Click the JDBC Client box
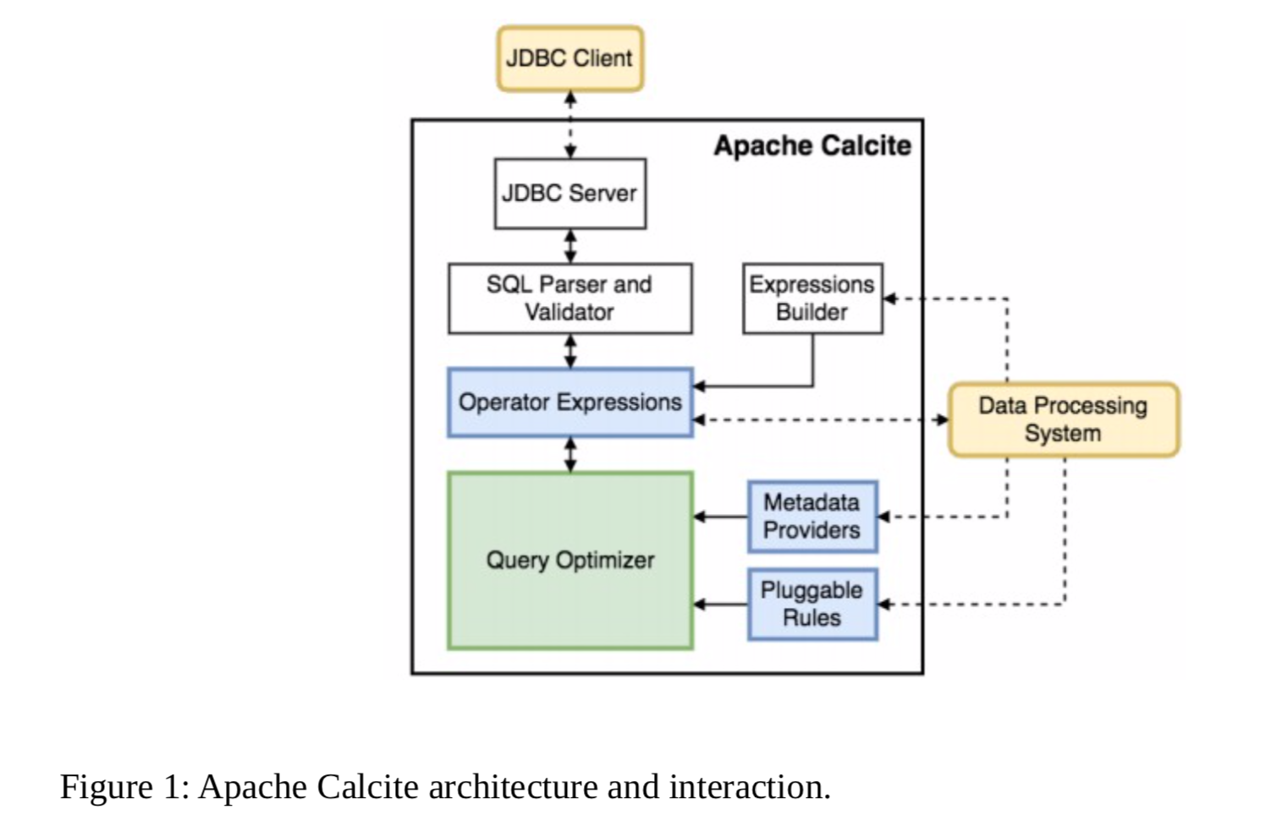click(569, 58)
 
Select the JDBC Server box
click(569, 194)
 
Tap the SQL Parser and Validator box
click(569, 298)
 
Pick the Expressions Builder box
click(812, 298)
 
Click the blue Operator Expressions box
click(569, 402)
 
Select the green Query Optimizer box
click(569, 561)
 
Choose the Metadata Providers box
click(812, 517)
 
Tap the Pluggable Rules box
click(812, 604)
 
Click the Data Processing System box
click(1063, 420)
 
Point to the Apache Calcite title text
click(812, 146)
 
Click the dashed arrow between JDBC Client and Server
click(570, 124)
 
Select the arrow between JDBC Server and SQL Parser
click(570, 246)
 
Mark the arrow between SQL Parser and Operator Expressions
click(570, 351)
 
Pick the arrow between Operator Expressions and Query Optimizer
click(570, 455)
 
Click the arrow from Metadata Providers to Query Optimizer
click(720, 517)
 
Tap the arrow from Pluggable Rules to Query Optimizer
click(720, 604)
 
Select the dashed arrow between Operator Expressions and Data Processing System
click(820, 420)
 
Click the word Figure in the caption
click(106, 787)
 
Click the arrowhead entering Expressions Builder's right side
click(890, 298)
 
